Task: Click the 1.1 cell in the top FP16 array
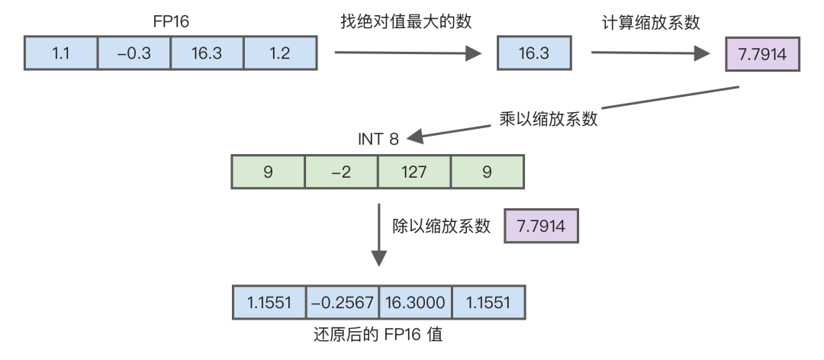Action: pyautogui.click(x=61, y=53)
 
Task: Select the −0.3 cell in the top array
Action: pyautogui.click(x=134, y=53)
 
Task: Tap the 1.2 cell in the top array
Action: pyautogui.click(x=280, y=53)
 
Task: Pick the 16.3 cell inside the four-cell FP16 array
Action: pyautogui.click(x=207, y=53)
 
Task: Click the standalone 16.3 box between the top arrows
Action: pyautogui.click(x=534, y=53)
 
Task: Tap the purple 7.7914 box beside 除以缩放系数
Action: pyautogui.click(x=541, y=227)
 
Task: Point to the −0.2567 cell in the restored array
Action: pyautogui.click(x=342, y=303)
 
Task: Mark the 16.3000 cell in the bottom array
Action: pyautogui.click(x=415, y=303)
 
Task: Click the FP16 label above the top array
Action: pyautogui.click(x=171, y=20)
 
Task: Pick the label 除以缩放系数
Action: pyautogui.click(x=441, y=227)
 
